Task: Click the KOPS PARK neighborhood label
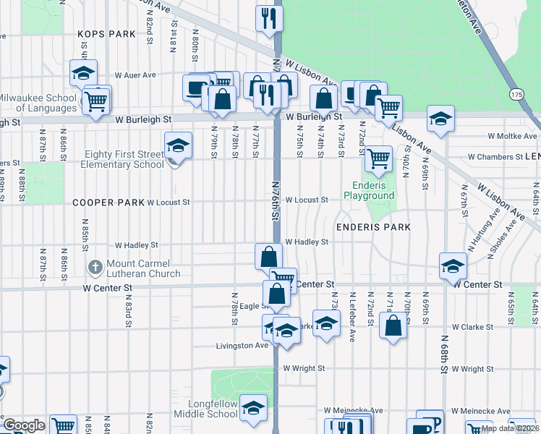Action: coord(107,34)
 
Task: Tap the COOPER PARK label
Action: coord(108,203)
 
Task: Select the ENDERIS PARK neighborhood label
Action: coord(372,227)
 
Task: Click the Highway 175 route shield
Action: coord(515,94)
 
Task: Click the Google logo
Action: coord(24,425)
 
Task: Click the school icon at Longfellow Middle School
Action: coord(253,408)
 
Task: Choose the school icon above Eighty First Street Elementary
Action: coord(178,145)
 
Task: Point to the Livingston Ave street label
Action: coord(242,346)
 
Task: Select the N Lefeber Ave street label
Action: coord(352,307)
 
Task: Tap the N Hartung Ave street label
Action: coord(493,226)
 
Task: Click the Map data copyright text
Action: coord(508,428)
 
